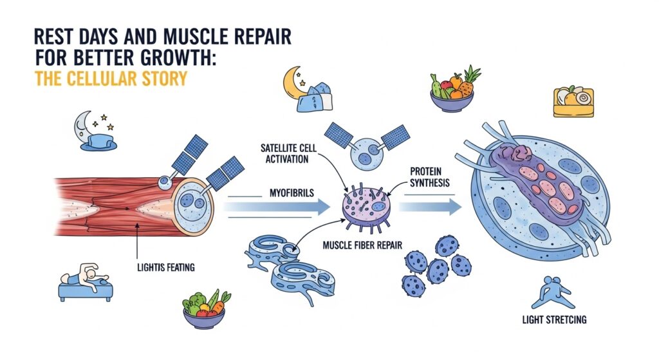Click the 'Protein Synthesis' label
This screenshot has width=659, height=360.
[430, 178]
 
